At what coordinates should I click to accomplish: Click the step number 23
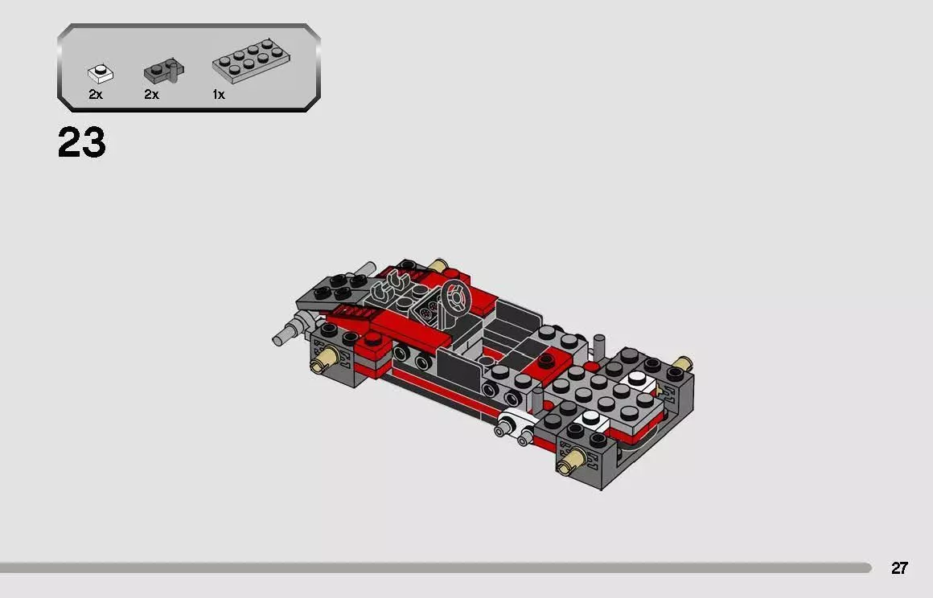click(x=81, y=143)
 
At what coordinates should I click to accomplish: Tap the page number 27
click(x=899, y=568)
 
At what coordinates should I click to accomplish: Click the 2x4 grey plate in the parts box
click(x=251, y=61)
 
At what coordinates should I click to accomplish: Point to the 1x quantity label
click(x=218, y=95)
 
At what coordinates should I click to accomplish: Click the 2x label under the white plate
click(x=96, y=95)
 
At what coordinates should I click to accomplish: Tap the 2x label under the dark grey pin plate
click(x=151, y=95)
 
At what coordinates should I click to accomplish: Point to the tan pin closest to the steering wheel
click(x=438, y=265)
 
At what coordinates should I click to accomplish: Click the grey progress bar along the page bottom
click(x=434, y=568)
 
